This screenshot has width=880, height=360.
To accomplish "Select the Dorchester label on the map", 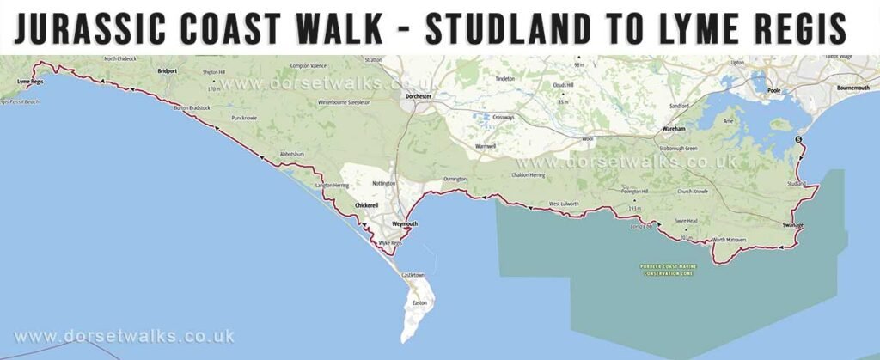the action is (419, 96).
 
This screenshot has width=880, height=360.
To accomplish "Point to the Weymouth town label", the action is (404, 224).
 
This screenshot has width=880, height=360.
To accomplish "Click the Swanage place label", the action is (793, 225).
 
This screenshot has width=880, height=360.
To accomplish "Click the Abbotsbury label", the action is (293, 155).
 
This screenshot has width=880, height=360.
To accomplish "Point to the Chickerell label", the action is (367, 206).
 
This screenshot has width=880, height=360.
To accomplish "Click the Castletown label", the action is (413, 274).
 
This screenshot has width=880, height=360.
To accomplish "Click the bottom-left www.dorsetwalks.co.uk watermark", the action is (124, 337).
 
